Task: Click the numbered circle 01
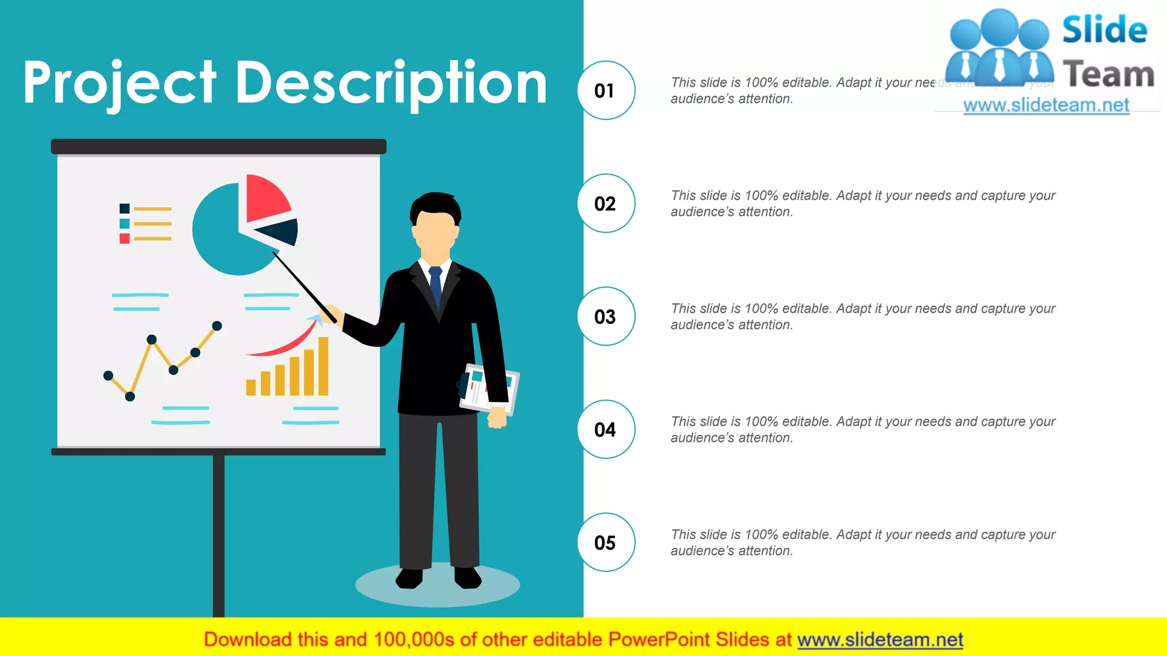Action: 606,91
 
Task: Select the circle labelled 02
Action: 606,203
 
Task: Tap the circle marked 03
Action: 606,316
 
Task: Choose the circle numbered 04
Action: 606,429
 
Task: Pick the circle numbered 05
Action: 606,542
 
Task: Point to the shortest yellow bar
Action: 251,387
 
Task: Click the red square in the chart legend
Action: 124,239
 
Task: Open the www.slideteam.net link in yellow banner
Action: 880,639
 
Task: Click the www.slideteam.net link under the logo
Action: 1046,105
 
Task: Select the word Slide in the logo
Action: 1104,30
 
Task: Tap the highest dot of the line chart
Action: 217,326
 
